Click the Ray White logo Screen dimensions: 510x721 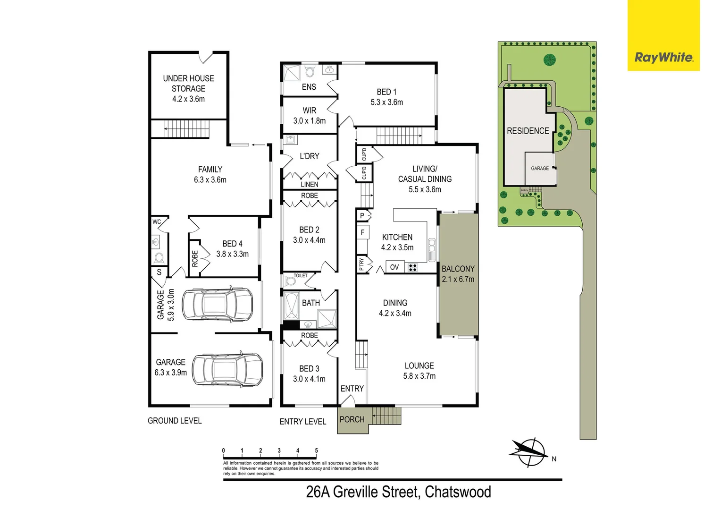tap(663, 58)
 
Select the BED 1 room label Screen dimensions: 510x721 tap(386, 92)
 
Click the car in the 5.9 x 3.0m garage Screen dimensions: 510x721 tap(217, 305)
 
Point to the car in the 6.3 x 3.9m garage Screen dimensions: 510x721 tap(227, 369)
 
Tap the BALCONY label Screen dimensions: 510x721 tap(458, 269)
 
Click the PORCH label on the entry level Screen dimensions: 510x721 tap(352, 419)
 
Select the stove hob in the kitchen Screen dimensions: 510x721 tap(412, 268)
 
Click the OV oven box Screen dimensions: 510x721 tap(394, 267)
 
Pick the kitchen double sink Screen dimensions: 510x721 tap(431, 250)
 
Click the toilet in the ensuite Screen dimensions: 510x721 tap(310, 71)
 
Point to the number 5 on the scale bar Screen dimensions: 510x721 tap(316, 450)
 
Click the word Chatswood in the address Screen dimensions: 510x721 tap(458, 492)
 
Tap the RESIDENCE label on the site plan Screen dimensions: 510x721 tap(528, 131)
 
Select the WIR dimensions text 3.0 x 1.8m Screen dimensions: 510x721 tap(309, 121)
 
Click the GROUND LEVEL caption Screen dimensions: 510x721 tap(175, 421)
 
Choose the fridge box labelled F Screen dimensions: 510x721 tap(362, 232)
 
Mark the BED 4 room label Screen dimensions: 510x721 tap(232, 244)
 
